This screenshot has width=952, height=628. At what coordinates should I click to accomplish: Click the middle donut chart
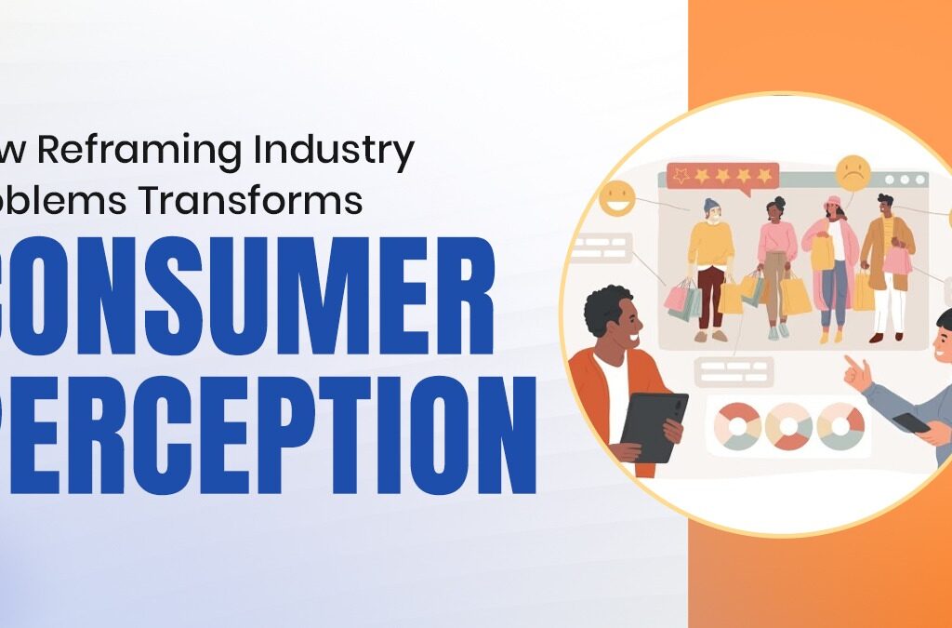pos(788,426)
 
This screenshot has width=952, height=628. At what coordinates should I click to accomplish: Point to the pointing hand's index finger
pos(850,361)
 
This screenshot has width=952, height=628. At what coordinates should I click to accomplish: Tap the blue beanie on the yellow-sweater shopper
pos(712,204)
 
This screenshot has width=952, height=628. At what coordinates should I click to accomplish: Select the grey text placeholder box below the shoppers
pos(734,370)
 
